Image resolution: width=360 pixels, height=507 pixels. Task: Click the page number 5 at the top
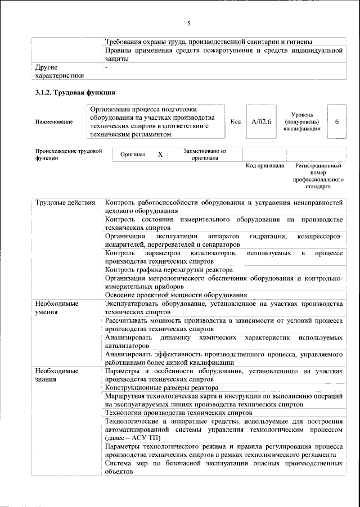click(188, 23)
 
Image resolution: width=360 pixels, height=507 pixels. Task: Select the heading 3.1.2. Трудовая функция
click(75, 92)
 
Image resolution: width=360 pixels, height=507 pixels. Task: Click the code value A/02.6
click(261, 121)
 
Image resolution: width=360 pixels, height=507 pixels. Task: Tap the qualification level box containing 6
click(336, 121)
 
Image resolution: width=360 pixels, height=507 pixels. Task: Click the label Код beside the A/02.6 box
click(236, 121)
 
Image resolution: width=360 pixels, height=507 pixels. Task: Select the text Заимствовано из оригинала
click(205, 155)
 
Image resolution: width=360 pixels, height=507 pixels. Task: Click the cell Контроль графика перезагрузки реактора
click(169, 270)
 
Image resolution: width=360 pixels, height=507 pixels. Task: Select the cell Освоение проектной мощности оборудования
click(176, 295)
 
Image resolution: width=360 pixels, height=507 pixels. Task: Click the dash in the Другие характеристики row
click(107, 67)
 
